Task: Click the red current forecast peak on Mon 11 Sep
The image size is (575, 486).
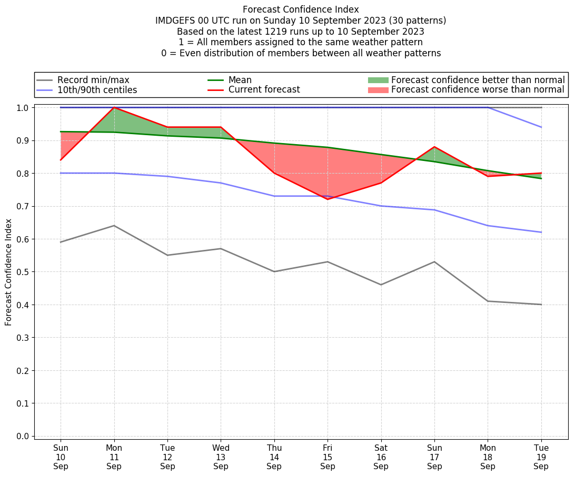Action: point(114,107)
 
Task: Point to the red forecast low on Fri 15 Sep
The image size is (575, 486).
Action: point(328,199)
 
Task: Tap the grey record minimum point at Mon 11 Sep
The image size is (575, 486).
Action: point(114,226)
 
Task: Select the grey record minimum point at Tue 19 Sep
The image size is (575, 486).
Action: point(541,305)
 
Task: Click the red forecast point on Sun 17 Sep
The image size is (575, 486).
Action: point(434,147)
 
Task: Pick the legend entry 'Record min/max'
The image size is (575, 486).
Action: point(93,80)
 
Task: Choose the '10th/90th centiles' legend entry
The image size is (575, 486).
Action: point(97,90)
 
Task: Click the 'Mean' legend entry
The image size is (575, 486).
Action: point(240,80)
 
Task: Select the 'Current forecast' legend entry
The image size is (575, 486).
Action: point(264,90)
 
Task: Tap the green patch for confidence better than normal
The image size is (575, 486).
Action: point(378,80)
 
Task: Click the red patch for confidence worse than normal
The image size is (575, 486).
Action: point(378,90)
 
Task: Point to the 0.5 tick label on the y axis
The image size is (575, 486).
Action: point(23,272)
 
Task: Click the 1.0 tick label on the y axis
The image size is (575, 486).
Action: point(23,107)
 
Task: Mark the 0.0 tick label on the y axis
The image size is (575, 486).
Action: point(23,436)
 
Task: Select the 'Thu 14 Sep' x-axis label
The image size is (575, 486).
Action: point(274,457)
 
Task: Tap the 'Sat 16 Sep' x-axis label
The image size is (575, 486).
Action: point(381,457)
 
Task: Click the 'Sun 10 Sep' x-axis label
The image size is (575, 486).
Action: point(61,457)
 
